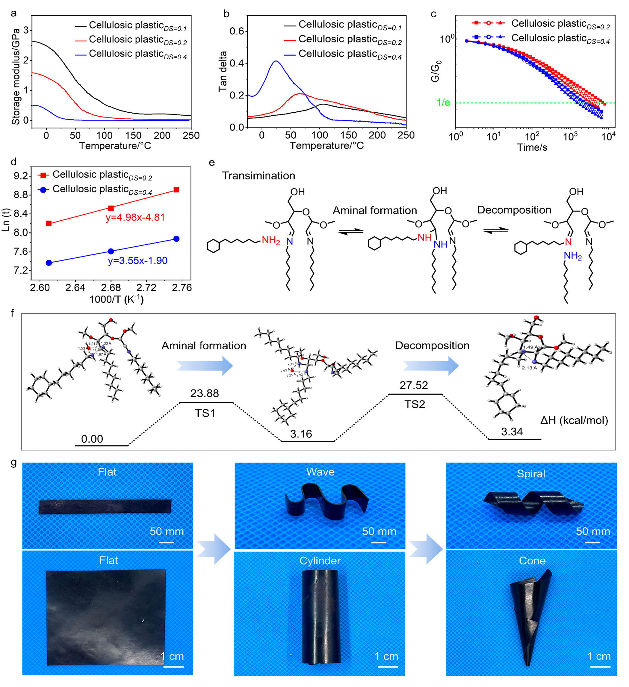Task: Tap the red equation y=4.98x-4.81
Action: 135,217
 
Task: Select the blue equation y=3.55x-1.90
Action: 138,261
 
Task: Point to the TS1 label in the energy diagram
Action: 205,413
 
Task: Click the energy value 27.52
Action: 414,385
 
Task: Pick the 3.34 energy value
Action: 512,432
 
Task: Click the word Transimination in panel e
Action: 258,176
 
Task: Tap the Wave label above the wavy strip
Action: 320,472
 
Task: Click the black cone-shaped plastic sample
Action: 530,613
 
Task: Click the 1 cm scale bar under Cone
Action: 600,666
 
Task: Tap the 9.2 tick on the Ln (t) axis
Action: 20,176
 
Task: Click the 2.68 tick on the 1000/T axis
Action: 111,288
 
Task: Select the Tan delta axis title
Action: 223,72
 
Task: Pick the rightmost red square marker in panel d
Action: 176,190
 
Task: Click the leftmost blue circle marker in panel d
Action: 49,263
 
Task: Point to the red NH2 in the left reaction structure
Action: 271,241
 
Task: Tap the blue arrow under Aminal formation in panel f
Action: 205,366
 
